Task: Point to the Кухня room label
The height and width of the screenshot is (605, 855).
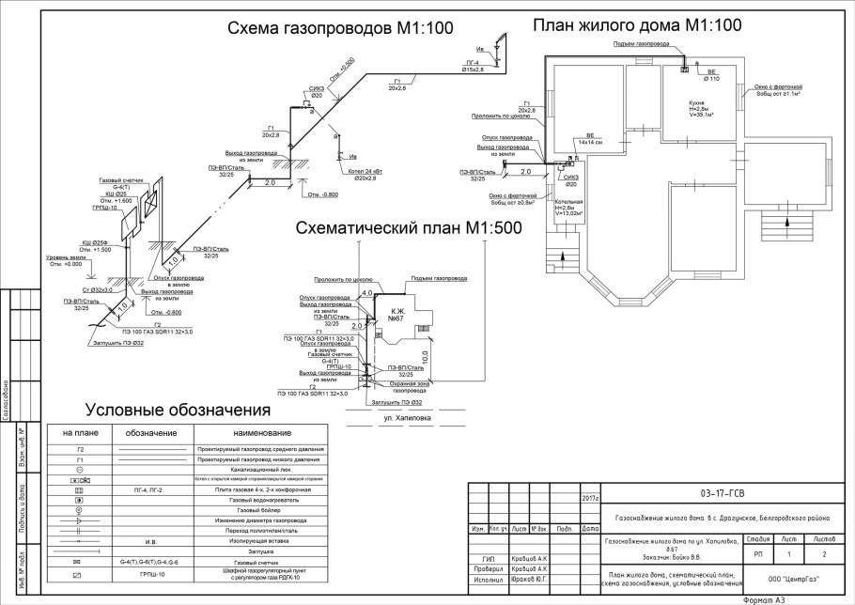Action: pyautogui.click(x=698, y=102)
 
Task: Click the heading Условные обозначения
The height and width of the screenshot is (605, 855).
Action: pyautogui.click(x=178, y=411)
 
